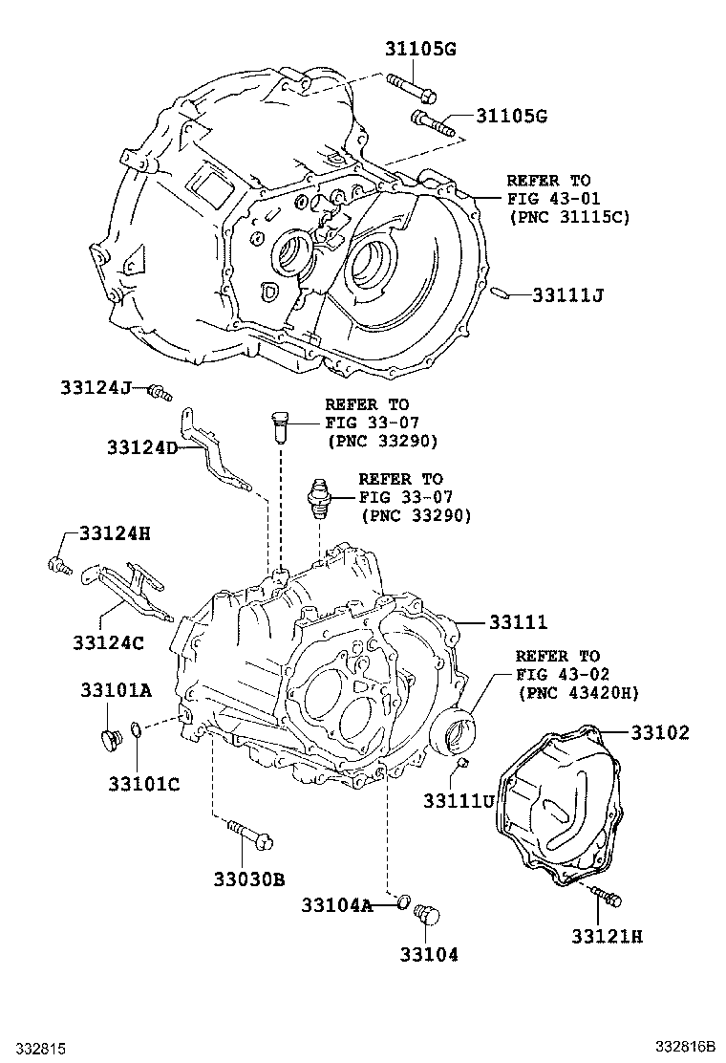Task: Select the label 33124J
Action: (94, 387)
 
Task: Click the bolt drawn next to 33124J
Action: (160, 391)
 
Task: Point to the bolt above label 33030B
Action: (250, 835)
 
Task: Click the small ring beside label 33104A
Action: (403, 901)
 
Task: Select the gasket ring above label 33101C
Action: (138, 732)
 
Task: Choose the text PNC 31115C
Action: (556, 216)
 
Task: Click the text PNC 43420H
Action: (577, 692)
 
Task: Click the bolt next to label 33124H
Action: (59, 565)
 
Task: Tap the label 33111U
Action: (459, 799)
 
